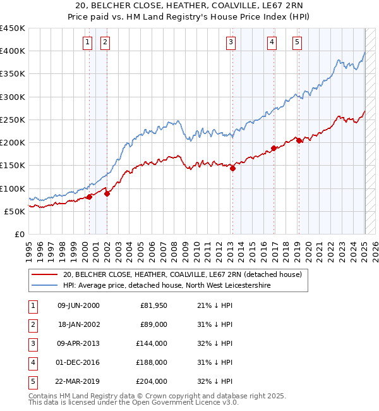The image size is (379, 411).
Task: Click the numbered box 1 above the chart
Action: click(87, 42)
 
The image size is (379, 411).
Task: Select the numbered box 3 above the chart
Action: click(231, 42)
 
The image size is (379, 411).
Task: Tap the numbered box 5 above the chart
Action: click(297, 42)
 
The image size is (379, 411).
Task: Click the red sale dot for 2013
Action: click(232, 168)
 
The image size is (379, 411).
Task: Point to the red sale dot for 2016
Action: click(274, 148)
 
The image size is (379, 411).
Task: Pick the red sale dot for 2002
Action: click(107, 193)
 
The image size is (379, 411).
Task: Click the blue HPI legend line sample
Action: click(44, 285)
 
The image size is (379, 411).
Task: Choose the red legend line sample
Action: click(44, 274)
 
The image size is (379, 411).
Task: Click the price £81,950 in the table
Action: click(153, 305)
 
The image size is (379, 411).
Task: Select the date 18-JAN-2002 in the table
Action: click(78, 324)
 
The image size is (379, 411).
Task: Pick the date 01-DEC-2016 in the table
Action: click(78, 362)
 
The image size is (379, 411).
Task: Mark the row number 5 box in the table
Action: click(32, 381)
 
